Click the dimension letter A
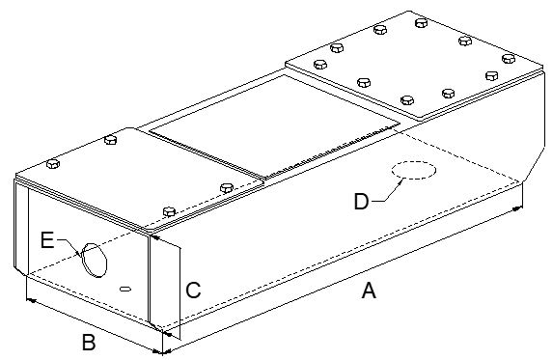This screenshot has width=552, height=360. click(x=369, y=291)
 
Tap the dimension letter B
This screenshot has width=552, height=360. click(x=89, y=342)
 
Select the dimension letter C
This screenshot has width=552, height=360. click(x=193, y=291)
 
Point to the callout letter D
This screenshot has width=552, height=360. click(x=362, y=202)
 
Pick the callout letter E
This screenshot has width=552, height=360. click(x=47, y=240)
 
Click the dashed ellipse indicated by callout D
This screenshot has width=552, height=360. click(x=414, y=171)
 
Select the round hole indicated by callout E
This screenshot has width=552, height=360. click(x=94, y=260)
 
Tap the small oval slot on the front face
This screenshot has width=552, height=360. click(x=125, y=290)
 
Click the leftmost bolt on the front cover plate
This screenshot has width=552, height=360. click(x=53, y=164)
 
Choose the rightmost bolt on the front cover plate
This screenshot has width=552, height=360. click(x=227, y=188)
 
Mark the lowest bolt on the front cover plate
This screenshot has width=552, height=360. click(x=169, y=211)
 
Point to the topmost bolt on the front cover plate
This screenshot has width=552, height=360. click(x=111, y=140)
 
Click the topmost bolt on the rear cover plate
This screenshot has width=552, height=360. click(x=422, y=23)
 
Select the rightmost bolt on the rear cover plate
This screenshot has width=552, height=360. click(x=509, y=59)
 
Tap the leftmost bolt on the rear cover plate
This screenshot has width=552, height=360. click(x=320, y=65)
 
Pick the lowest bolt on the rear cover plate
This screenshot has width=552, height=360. click(x=407, y=100)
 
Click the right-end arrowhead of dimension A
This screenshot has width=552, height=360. click(x=517, y=209)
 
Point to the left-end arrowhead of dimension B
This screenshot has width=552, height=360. click(x=31, y=300)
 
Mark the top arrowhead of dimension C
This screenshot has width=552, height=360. click(x=156, y=237)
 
